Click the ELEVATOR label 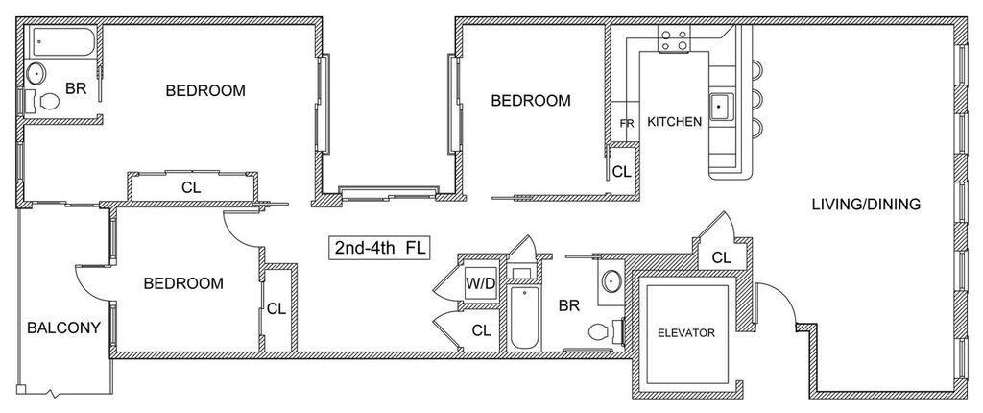tap(685, 332)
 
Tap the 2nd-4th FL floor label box tap(380, 247)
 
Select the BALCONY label tap(64, 328)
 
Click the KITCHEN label tap(675, 122)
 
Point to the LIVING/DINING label tap(866, 204)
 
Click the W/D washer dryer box tap(480, 283)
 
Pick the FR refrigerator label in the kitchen tap(627, 124)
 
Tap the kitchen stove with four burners tap(674, 39)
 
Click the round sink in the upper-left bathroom tap(36, 74)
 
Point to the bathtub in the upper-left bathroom tap(63, 42)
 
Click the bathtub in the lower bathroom tap(524, 318)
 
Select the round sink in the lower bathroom tap(611, 281)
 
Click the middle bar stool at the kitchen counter tap(755, 98)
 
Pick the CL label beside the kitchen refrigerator tap(621, 171)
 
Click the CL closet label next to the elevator tap(722, 257)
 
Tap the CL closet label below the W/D tap(482, 330)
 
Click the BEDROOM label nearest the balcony tap(183, 283)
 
